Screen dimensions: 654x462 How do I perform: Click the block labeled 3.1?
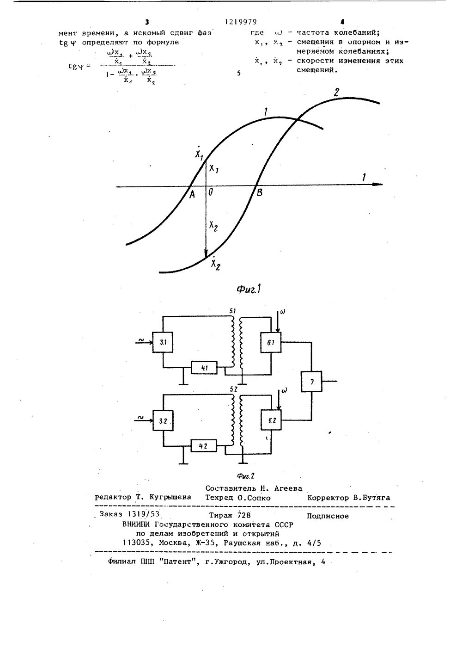tap(163, 343)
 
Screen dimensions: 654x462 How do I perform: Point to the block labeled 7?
tap(311, 382)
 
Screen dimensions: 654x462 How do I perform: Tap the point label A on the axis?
tap(192, 195)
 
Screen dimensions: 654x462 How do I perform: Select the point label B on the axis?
tap(259, 193)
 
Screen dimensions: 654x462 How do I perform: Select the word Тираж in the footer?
tap(221, 516)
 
